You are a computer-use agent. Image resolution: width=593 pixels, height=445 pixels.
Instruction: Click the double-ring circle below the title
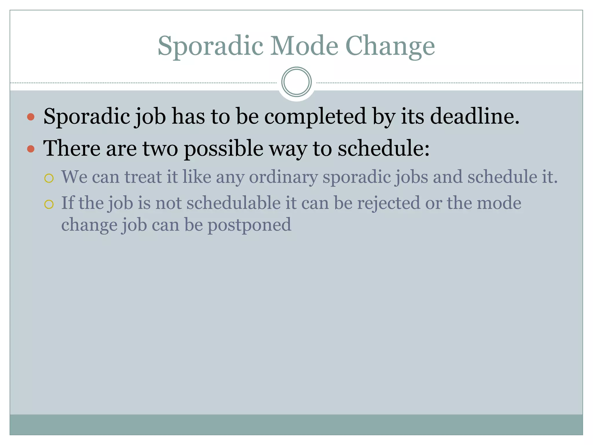(296, 82)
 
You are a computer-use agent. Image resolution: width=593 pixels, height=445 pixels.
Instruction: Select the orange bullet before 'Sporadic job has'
(31, 117)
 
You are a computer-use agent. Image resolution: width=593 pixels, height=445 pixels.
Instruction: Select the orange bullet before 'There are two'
(31, 149)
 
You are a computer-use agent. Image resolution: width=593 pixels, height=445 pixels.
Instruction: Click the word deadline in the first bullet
(475, 116)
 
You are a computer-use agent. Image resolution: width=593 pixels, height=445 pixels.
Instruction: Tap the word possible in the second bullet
(224, 148)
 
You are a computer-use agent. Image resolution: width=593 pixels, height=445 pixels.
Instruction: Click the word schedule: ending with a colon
(384, 148)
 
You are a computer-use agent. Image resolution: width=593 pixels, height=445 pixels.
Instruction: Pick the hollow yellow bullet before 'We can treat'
(49, 178)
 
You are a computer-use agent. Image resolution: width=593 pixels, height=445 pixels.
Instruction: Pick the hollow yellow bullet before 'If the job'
(49, 204)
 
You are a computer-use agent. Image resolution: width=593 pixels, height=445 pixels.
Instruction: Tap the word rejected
(388, 203)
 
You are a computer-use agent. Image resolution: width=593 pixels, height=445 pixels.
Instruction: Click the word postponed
(249, 225)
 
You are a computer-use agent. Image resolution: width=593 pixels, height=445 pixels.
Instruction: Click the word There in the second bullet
(72, 148)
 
